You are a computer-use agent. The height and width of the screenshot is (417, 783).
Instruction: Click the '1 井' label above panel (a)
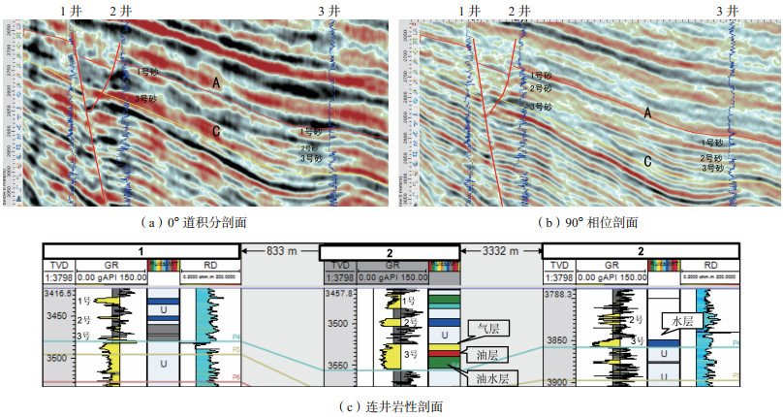click(70, 10)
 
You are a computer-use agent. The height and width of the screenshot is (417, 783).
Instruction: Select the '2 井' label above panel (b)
click(518, 10)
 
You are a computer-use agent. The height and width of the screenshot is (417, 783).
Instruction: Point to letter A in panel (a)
click(217, 85)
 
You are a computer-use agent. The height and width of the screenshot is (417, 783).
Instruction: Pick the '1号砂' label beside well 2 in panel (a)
click(146, 72)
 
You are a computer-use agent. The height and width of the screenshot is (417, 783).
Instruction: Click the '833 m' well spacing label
click(281, 250)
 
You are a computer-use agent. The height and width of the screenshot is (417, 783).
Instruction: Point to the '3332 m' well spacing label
click(502, 250)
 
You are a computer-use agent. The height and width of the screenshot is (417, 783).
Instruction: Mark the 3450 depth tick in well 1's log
click(58, 317)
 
